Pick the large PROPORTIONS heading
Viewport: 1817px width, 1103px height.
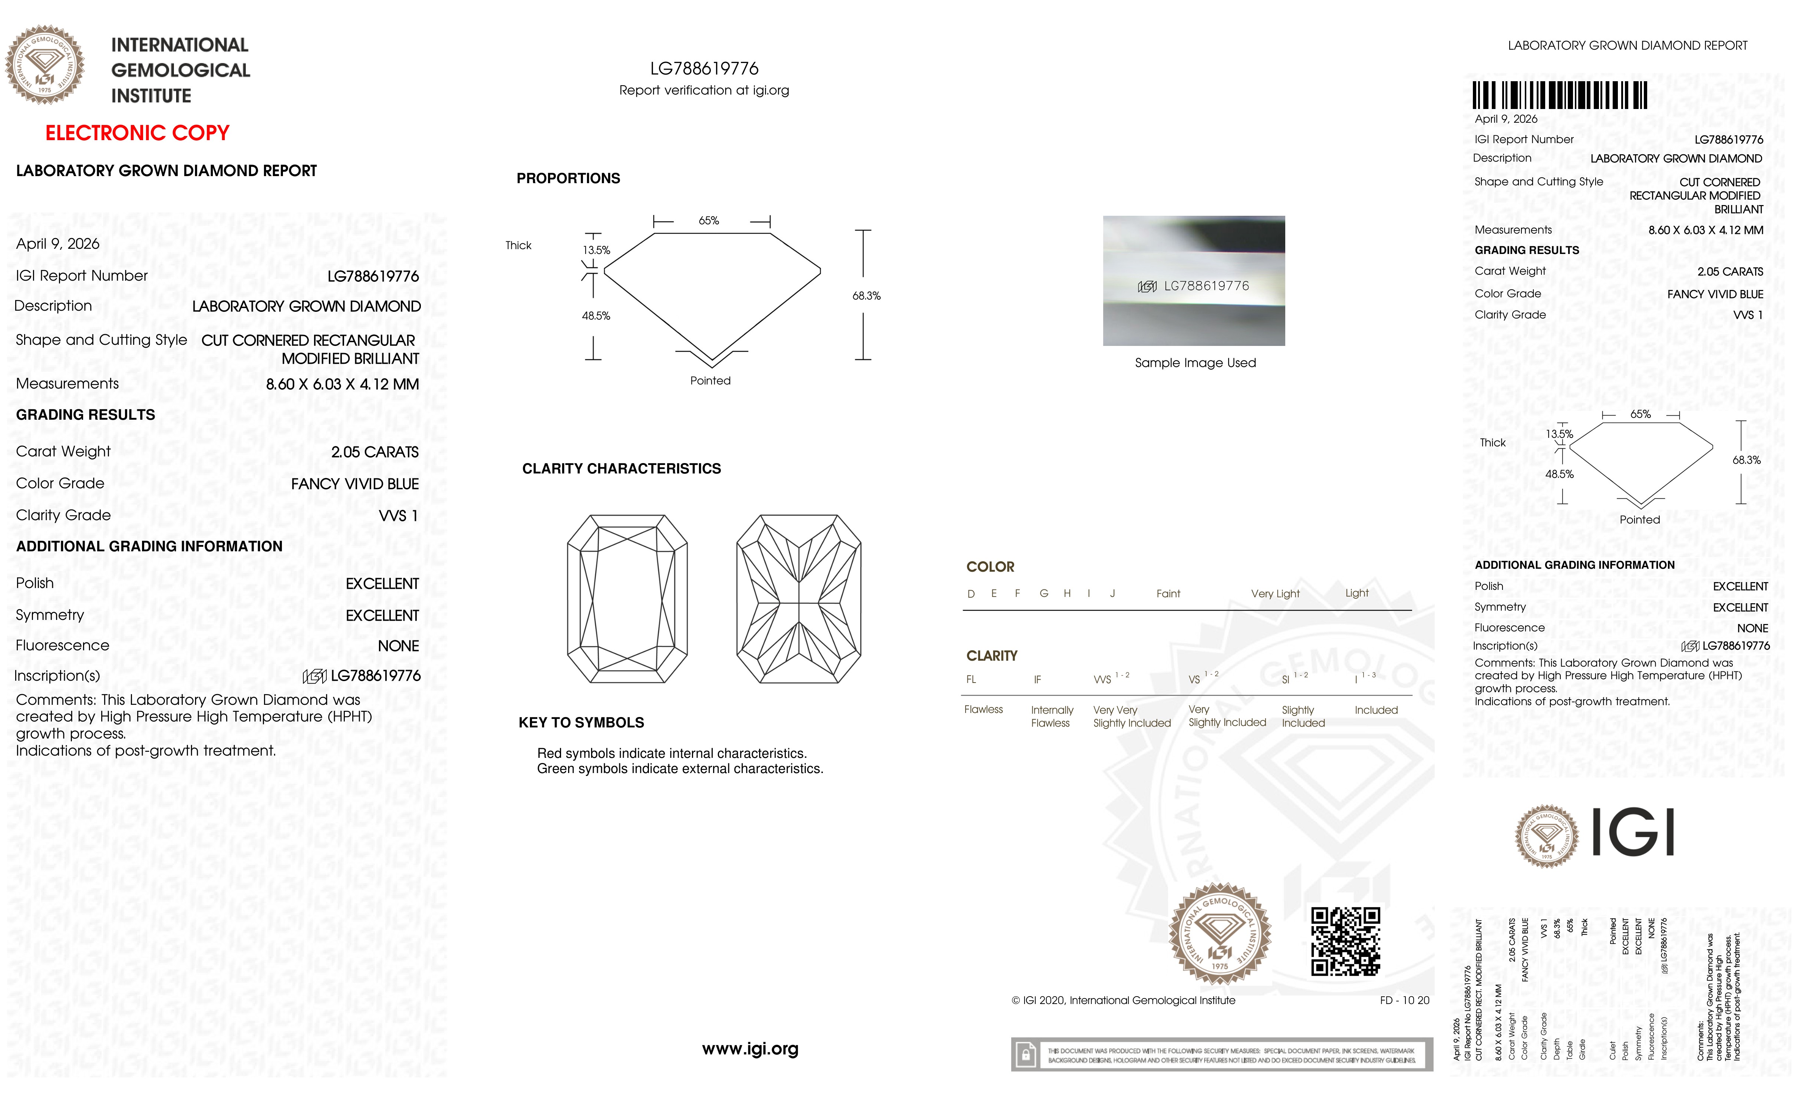coord(568,178)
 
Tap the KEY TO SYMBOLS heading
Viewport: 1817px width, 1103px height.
coord(581,723)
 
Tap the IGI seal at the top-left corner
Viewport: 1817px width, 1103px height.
coord(45,65)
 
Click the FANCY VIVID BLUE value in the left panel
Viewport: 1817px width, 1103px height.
coord(355,484)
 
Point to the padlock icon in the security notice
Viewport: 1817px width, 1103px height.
coord(1025,1055)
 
